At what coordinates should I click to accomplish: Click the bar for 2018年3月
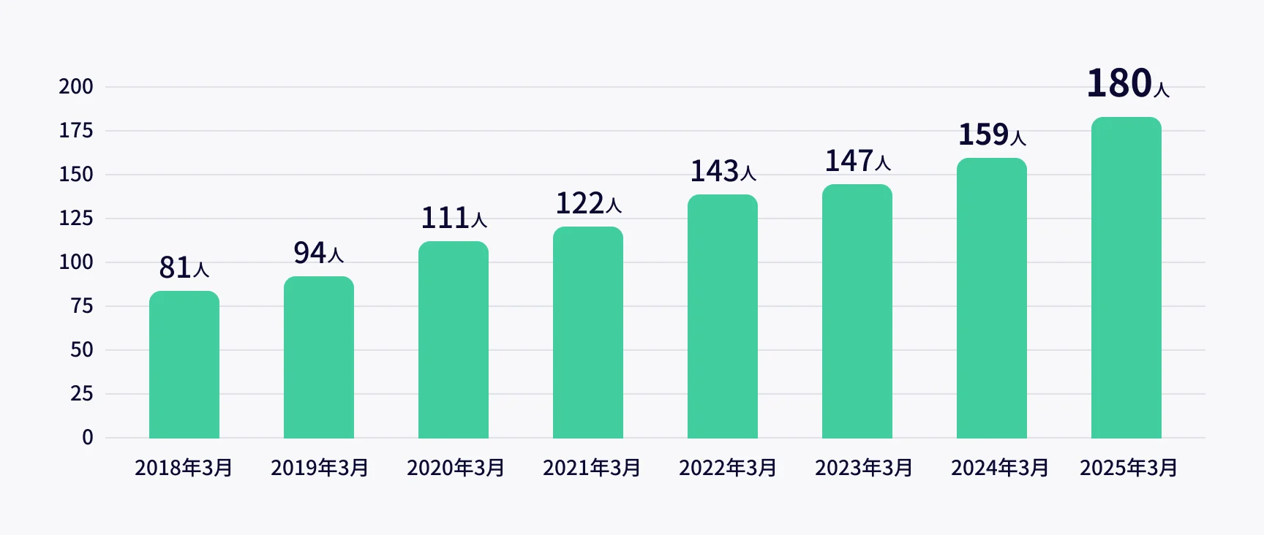tap(184, 365)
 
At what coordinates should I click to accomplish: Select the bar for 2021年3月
tap(588, 333)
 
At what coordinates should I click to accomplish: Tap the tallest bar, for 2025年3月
tap(1126, 278)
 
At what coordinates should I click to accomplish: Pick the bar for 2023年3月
tap(857, 311)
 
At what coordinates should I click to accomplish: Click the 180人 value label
tap(1127, 83)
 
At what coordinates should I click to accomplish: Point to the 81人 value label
tap(184, 267)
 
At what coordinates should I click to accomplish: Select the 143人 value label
tap(723, 171)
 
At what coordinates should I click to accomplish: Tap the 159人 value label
tap(992, 134)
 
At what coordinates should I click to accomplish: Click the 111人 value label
tap(454, 218)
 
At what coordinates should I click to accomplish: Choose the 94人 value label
tap(318, 253)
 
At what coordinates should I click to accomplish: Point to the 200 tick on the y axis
tap(76, 87)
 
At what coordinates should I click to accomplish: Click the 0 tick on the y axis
tap(88, 438)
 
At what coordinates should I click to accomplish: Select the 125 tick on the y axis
tap(76, 219)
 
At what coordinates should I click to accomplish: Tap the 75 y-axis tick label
tap(82, 306)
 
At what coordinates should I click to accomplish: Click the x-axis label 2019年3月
tap(320, 468)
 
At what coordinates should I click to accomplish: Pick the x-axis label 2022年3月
tap(728, 468)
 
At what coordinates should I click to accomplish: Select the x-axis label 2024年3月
tap(1000, 468)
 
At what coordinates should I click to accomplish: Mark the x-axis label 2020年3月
tap(456, 468)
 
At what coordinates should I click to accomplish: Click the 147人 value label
tap(857, 161)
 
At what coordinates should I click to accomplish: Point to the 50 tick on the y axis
tap(82, 350)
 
